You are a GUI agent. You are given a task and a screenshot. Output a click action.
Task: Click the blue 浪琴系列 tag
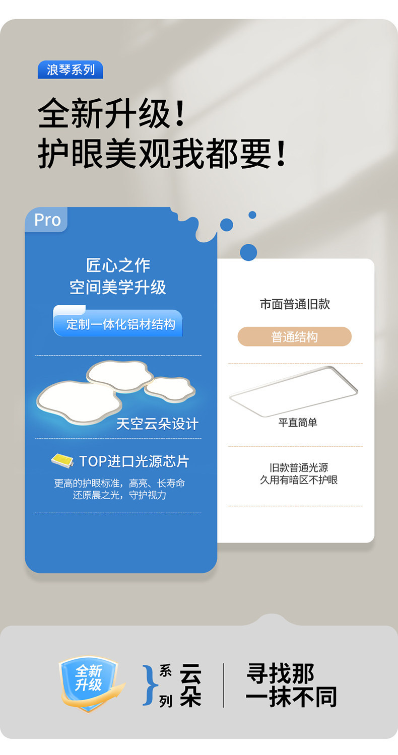[71, 70]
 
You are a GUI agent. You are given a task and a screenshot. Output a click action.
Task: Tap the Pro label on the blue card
[47, 220]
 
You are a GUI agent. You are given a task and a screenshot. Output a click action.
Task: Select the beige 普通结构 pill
[295, 337]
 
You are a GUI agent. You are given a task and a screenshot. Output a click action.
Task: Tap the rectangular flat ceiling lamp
[294, 391]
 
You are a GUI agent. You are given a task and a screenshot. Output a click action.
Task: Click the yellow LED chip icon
[62, 460]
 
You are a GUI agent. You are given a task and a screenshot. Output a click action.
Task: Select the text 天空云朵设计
[157, 424]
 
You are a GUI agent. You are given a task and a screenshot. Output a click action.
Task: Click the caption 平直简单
[298, 423]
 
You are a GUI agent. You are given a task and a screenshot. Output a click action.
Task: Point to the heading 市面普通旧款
[295, 304]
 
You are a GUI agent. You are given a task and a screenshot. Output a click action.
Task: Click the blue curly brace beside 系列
[149, 685]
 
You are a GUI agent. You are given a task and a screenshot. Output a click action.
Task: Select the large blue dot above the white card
[248, 252]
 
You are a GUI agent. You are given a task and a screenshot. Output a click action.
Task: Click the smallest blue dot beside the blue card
[252, 215]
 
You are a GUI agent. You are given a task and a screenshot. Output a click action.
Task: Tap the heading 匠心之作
[118, 265]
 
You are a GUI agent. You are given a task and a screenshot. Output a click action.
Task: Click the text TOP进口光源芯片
[134, 461]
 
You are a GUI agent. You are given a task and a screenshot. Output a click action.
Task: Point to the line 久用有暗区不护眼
[299, 480]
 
